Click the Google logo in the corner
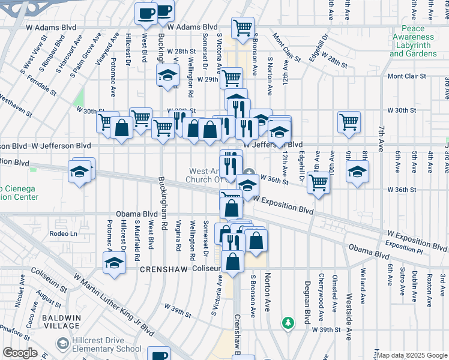(20, 353)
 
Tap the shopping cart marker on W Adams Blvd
(243, 28)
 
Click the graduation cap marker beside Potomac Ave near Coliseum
(113, 263)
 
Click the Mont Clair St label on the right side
(406, 76)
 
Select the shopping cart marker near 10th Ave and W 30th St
(349, 121)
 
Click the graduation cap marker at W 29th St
(167, 75)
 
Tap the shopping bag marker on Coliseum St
(232, 261)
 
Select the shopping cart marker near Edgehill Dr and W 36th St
(318, 182)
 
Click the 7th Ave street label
(381, 138)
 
